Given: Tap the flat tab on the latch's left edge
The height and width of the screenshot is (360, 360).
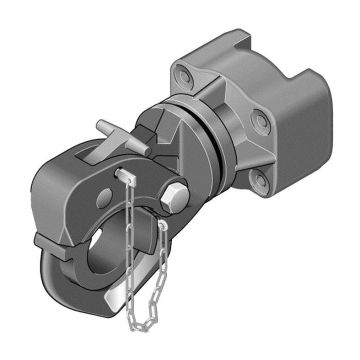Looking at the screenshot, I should pos(43,240).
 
